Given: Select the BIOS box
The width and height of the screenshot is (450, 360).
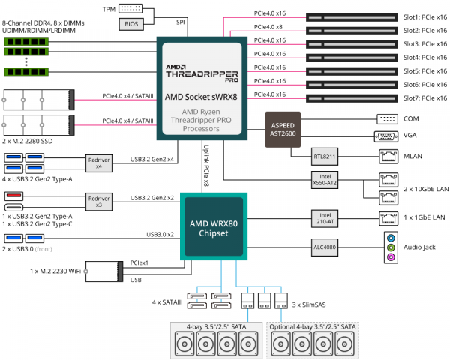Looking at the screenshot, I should tap(130, 24).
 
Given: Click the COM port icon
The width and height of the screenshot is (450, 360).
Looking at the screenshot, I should tap(387, 119).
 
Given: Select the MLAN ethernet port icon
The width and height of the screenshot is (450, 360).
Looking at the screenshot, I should tap(387, 157).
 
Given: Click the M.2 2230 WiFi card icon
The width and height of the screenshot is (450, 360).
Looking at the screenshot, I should tap(103, 270).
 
